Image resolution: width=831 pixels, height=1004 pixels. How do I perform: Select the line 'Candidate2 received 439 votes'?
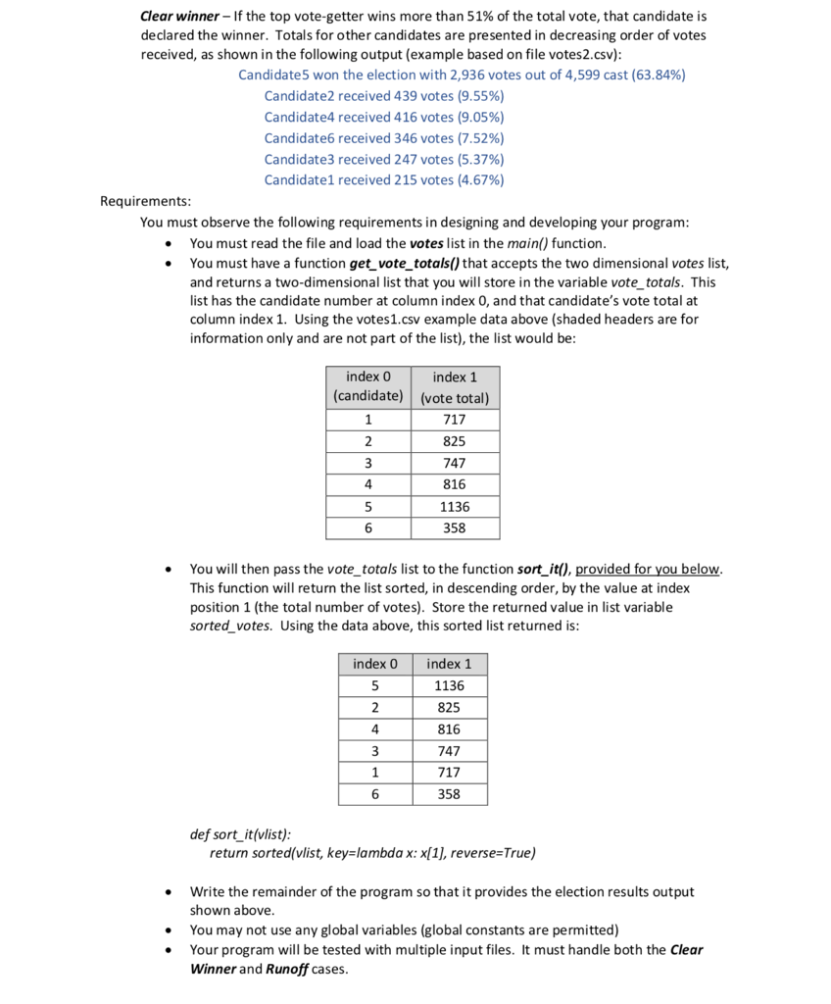coord(383,96)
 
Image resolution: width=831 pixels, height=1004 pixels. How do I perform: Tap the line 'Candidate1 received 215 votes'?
coord(383,180)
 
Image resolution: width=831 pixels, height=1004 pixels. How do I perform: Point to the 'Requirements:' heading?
coord(145,201)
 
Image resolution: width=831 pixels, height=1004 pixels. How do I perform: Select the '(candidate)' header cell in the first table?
coord(368,397)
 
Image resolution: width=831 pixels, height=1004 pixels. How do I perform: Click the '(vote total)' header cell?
coord(455,398)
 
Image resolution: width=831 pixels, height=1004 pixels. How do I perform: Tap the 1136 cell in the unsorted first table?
coord(455,507)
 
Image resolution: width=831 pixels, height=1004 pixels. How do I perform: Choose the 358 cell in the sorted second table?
coord(449,795)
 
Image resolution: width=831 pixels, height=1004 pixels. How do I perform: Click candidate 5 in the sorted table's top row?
coord(375,686)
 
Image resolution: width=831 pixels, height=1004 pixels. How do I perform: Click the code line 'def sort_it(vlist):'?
coord(239,835)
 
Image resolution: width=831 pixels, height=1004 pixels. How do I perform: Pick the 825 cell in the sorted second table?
coord(449,708)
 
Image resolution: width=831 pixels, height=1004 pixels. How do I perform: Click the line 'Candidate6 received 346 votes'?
coord(383,138)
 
